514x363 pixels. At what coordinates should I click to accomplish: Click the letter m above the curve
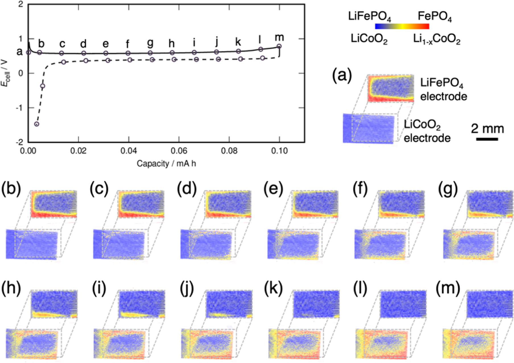(x=279, y=37)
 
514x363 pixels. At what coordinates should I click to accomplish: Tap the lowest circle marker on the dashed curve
(x=36, y=124)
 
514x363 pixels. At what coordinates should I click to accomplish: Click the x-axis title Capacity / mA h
(x=166, y=164)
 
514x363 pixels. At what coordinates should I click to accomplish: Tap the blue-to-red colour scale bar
(x=402, y=26)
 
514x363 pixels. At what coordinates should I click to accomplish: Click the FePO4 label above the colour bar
(x=434, y=17)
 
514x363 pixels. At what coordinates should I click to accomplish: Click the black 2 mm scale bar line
(x=487, y=139)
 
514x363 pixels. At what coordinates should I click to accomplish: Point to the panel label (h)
(x=11, y=289)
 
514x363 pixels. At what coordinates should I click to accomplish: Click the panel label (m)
(x=448, y=289)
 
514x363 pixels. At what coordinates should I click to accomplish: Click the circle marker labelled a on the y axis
(x=28, y=52)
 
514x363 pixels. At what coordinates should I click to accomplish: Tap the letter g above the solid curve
(x=150, y=43)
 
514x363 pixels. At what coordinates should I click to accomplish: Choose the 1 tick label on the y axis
(x=20, y=39)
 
